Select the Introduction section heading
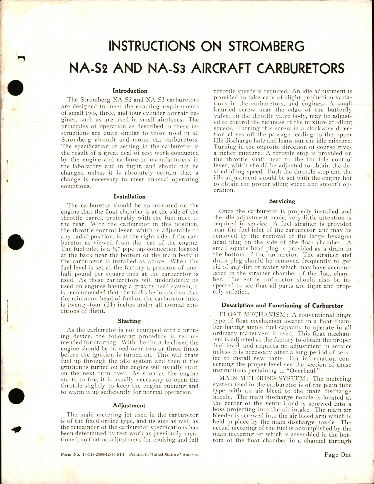coord(130,91)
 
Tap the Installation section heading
coord(130,197)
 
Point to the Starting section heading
coord(129,321)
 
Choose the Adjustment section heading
coord(129,406)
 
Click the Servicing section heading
coord(282,201)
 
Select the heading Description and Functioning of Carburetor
coord(282,305)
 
